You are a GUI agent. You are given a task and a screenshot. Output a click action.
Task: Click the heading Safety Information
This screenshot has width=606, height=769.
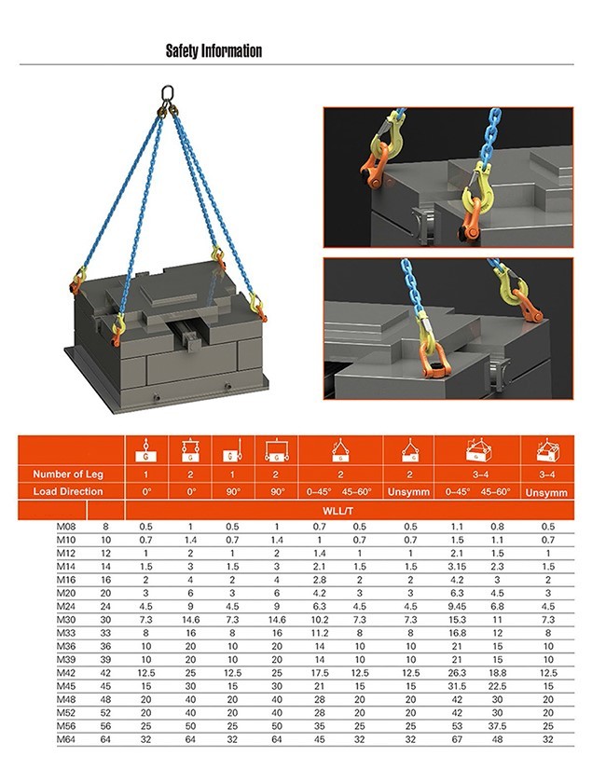tap(213, 51)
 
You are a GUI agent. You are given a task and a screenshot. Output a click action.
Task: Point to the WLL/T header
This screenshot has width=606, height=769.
tap(339, 510)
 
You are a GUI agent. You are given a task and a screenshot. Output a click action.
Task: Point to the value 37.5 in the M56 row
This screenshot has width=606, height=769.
tap(498, 725)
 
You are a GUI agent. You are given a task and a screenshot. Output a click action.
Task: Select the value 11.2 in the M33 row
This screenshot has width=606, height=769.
tap(318, 633)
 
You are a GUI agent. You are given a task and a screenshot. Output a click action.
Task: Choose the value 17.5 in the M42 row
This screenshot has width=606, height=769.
tap(318, 672)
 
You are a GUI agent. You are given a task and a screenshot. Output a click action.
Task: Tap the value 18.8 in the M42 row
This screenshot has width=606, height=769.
tap(498, 672)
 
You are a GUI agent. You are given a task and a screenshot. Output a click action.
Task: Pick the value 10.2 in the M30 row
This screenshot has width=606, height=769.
tap(318, 619)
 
